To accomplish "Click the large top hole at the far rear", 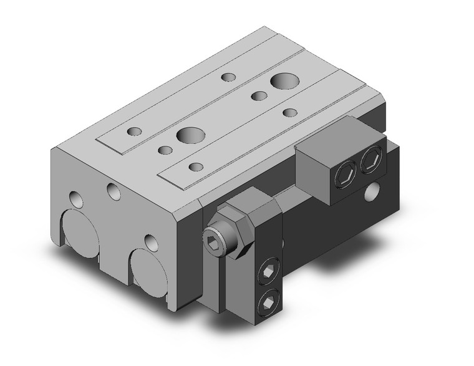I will (x=284, y=82).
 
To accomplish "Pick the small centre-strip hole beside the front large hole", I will (x=166, y=150).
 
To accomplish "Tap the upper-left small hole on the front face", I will (x=75, y=200).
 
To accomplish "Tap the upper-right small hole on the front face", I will (x=114, y=190).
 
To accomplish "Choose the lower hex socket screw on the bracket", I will (x=268, y=302).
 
